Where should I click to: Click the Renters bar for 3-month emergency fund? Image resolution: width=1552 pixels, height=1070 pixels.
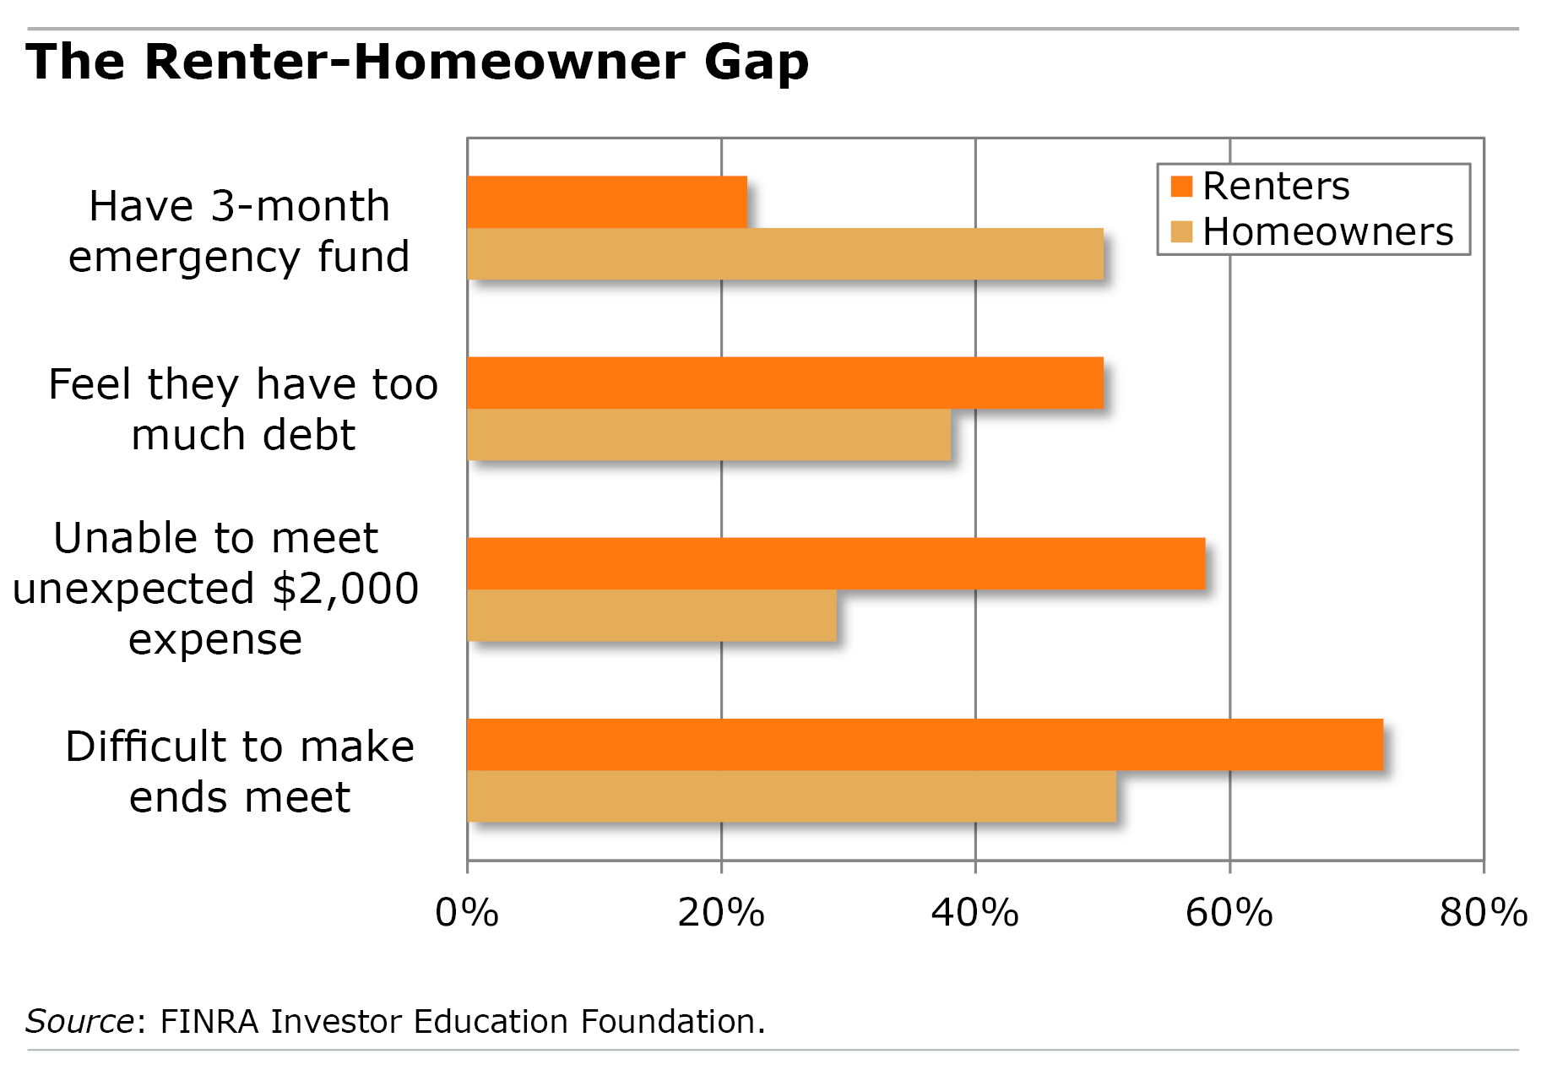607,202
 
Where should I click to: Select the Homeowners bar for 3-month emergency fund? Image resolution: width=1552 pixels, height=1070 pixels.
785,254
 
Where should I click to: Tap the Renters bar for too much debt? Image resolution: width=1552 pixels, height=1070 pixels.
785,383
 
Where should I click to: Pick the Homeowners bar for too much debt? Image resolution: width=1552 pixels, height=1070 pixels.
709,435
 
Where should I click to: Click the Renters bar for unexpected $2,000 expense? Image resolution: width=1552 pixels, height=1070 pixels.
836,563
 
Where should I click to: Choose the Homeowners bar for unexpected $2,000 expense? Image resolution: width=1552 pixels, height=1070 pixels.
652,616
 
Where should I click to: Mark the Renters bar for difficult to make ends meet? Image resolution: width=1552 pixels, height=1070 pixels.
925,744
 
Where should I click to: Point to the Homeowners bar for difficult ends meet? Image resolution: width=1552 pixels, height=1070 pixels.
791,796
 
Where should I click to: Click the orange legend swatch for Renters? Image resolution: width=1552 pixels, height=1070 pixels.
1181,186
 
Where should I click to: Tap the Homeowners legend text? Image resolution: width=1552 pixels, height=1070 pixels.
1327,231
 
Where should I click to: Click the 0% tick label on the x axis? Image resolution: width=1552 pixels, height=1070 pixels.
467,913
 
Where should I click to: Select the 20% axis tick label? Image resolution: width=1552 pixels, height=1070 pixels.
721,913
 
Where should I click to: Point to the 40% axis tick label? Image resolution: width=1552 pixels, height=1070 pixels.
975,913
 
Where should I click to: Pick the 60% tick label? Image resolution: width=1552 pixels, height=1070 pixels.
1229,913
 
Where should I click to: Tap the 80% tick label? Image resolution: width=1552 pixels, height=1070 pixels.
1484,913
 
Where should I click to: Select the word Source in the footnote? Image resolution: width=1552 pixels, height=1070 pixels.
79,1022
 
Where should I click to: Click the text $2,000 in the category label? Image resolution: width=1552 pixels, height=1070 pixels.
345,589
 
